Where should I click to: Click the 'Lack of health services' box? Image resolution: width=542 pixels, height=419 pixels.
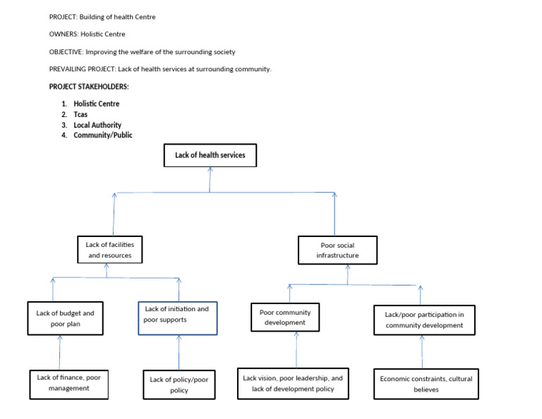pos(210,155)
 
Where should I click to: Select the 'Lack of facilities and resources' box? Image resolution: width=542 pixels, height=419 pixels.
pos(109,250)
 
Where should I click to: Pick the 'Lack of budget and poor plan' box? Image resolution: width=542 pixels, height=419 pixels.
pos(65,318)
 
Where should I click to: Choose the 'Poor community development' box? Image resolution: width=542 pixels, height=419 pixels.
pos(284,317)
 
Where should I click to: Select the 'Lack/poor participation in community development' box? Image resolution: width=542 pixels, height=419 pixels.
pos(424,320)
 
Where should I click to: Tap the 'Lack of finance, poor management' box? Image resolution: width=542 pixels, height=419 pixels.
pos(69,382)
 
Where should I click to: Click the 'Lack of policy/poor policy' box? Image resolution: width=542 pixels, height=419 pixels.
pos(179,384)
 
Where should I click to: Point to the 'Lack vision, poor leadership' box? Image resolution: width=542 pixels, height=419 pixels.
pos(293,383)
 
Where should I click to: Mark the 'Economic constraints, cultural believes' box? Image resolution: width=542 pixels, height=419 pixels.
pos(426,384)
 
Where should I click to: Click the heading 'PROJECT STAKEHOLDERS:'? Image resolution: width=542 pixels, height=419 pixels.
pos(89,87)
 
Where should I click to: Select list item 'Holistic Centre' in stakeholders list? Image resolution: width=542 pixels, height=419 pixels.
pos(97,104)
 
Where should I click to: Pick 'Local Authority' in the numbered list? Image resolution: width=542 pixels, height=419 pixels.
pos(97,125)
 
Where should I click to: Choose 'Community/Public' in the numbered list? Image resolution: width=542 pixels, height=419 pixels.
pos(102,135)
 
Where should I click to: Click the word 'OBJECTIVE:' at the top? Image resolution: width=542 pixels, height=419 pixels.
pos(66,51)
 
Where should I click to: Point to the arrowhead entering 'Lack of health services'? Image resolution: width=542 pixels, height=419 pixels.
pos(210,170)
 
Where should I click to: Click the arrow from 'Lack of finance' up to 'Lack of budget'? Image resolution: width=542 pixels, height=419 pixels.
pos(60,352)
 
